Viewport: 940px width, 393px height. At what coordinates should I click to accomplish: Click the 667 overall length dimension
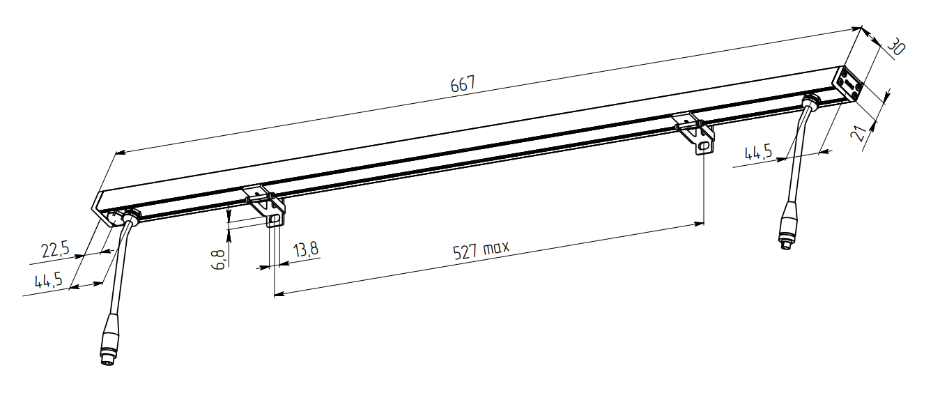coord(463,84)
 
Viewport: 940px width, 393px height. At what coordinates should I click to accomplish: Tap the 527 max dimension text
coord(481,250)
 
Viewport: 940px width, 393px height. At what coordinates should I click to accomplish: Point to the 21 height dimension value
coord(858,133)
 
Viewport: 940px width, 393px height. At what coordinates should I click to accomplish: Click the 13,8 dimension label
coord(306,249)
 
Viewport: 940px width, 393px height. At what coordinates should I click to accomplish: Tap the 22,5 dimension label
coord(55,249)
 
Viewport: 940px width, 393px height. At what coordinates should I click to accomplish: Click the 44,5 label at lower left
coord(49,280)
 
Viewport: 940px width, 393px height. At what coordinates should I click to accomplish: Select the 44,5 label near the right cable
coord(758,153)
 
